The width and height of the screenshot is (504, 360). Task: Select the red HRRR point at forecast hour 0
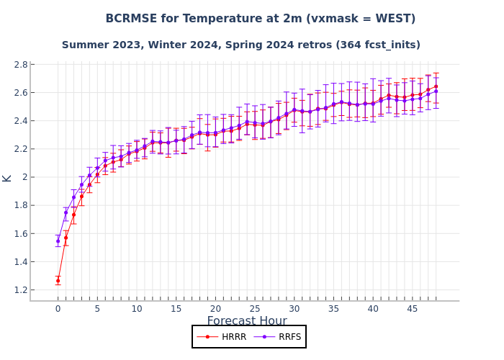58,281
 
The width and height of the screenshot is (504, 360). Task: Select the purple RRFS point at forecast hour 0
58,241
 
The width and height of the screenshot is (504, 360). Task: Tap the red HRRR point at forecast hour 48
436,86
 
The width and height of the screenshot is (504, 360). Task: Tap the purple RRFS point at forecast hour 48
436,91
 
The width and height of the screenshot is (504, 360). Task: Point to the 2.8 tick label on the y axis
20,65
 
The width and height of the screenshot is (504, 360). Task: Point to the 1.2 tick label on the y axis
20,290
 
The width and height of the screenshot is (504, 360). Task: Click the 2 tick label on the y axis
24,177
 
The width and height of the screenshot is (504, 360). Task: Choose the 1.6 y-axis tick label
20,234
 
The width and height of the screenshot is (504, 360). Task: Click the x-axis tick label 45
412,309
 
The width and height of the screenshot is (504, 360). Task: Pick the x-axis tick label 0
58,309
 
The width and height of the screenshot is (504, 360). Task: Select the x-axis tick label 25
254,309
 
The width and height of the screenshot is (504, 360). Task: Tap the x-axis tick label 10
136,309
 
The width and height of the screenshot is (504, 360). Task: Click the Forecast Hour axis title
247,321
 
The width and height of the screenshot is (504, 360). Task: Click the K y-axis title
7,178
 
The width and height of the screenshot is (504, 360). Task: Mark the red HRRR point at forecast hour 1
66,238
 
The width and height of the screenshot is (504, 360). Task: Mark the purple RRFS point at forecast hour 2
73,197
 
